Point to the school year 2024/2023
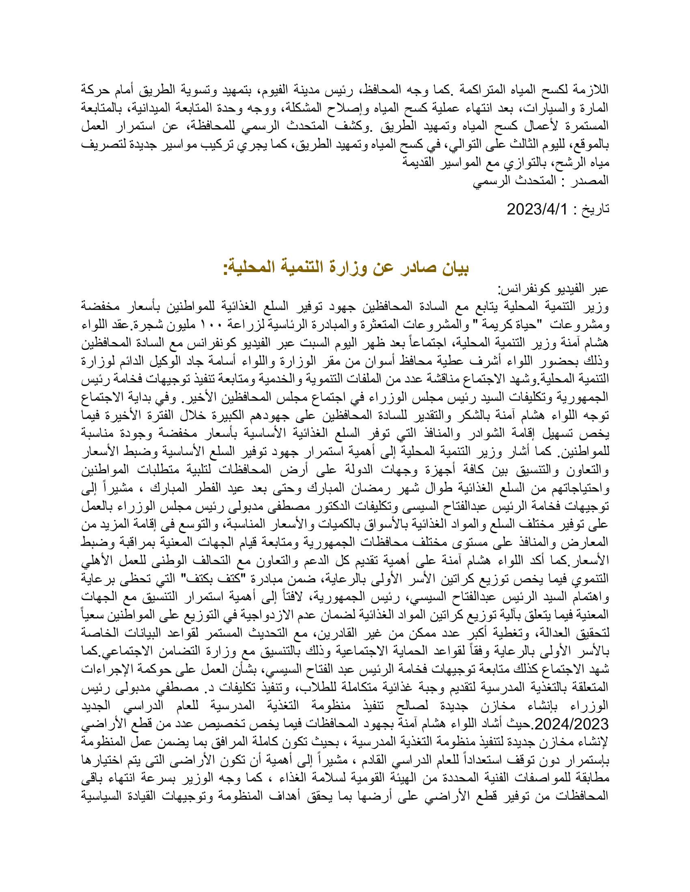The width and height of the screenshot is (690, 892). [x=571, y=724]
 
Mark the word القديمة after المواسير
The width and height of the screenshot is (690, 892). [x=417, y=163]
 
